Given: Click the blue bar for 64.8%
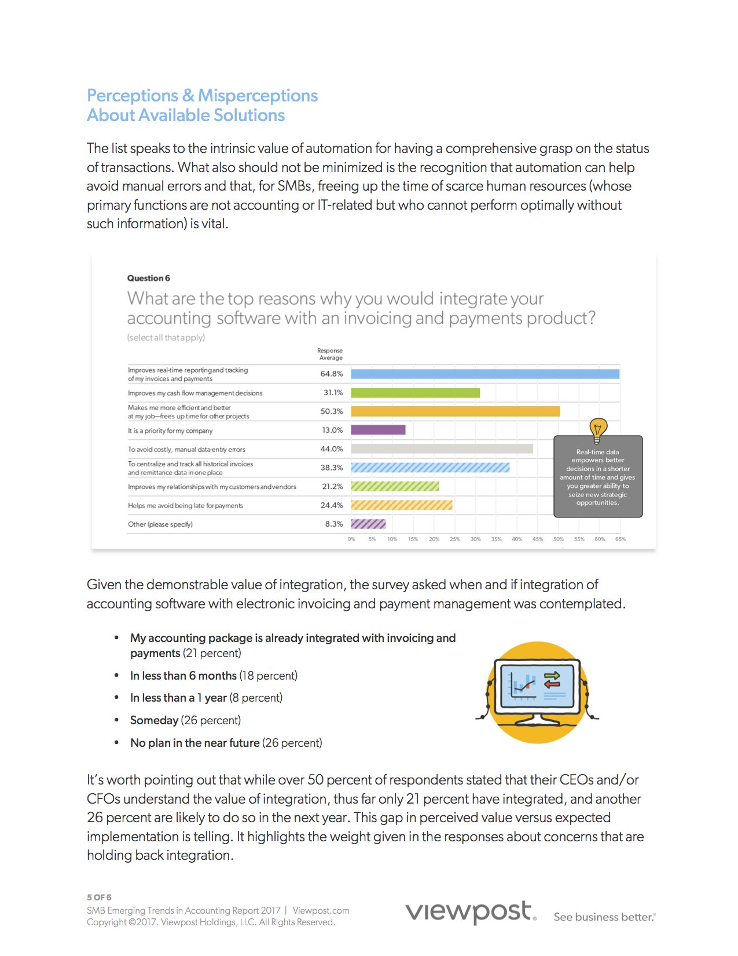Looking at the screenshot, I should point(485,374).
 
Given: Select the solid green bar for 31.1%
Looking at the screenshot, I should point(415,393).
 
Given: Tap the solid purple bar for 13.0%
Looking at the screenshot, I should point(378,430).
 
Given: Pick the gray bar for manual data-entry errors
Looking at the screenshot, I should point(442,449).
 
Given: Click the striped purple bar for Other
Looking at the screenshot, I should point(368,524).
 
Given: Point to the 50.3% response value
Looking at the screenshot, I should point(332,411).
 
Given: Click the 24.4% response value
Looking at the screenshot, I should point(332,505).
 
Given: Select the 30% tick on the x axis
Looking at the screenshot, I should point(475,539).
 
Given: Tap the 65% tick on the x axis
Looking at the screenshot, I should point(620,539).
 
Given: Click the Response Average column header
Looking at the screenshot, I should point(330,354).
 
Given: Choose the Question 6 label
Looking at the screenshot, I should point(149,278).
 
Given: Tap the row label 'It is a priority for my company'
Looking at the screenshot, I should point(170,431).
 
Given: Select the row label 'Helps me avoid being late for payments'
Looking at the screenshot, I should point(185,506).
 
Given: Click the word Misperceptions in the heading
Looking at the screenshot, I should point(258,96).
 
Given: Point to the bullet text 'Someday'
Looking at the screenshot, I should point(154,720).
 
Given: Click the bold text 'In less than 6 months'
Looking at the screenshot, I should point(183,676).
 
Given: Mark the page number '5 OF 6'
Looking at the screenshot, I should point(99,897).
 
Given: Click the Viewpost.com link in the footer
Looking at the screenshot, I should point(321,911).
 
